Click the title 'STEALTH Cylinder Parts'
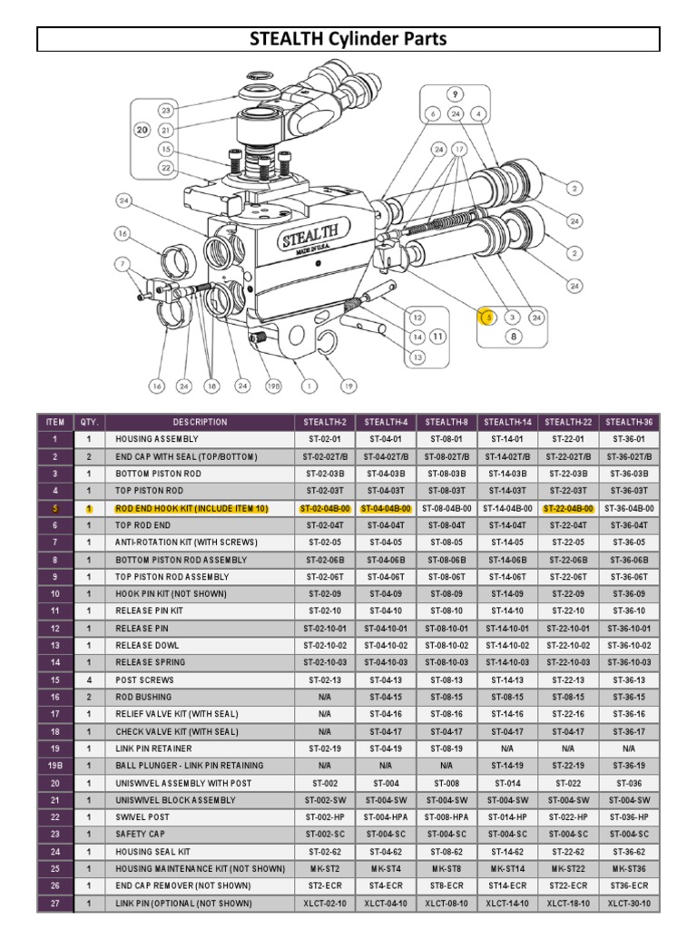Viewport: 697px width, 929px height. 348,39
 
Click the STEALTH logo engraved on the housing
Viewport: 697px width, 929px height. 310,239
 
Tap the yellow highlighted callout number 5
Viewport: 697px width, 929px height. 488,317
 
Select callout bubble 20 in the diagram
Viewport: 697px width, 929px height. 142,130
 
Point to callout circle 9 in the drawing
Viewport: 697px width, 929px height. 454,94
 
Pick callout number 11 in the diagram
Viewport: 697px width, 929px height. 437,335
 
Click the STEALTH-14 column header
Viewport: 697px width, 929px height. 508,422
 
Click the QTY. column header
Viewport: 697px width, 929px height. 89,422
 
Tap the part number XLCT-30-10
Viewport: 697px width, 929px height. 630,904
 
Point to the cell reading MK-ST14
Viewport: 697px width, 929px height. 508,869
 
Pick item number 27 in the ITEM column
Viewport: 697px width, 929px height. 54,904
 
